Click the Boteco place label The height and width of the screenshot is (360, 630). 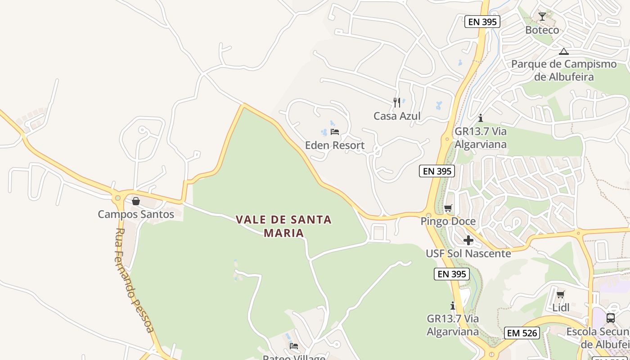click(542, 30)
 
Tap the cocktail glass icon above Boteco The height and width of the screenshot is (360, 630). click(542, 17)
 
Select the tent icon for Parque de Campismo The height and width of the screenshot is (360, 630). click(564, 51)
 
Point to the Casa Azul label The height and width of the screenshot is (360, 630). click(397, 116)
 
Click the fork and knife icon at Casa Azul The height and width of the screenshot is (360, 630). click(396, 103)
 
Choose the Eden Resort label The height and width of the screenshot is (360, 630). click(335, 145)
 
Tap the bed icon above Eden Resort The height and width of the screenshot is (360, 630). click(335, 132)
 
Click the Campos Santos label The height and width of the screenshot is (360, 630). click(136, 214)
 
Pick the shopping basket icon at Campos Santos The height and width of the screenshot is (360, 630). click(135, 201)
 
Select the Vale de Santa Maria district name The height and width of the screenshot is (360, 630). click(284, 226)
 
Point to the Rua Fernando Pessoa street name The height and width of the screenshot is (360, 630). click(134, 280)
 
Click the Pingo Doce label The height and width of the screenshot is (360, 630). click(448, 221)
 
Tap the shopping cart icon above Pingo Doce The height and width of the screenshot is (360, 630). click(448, 208)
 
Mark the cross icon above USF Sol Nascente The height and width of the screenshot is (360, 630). click(468, 240)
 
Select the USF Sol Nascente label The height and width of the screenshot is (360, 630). click(468, 253)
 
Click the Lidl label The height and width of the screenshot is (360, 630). click(561, 308)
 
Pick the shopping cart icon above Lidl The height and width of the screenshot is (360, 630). click(561, 295)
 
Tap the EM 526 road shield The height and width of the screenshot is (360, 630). click(522, 333)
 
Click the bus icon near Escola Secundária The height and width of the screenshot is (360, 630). click(611, 318)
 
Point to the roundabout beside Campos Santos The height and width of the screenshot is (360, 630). click(118, 197)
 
